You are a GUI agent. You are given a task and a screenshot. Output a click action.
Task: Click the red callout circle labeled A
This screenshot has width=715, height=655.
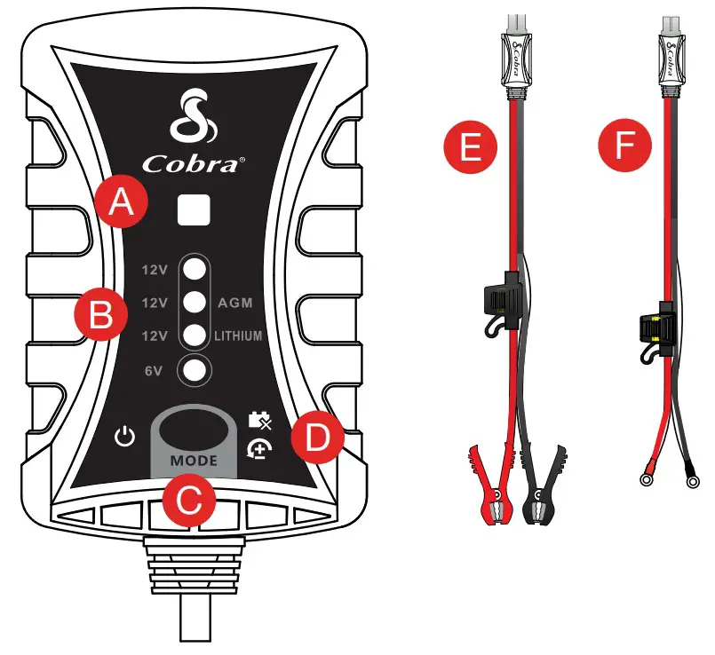(120, 203)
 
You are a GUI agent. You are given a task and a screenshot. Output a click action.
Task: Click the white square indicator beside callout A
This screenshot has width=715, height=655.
(195, 210)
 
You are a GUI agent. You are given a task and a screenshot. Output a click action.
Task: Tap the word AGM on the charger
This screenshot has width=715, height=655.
(235, 303)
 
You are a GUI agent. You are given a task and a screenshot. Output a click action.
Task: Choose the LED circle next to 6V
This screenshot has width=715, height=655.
(195, 368)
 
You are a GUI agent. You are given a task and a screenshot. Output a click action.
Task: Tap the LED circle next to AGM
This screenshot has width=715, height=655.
(195, 303)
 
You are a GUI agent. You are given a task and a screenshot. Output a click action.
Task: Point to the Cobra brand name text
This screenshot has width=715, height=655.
(192, 164)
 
